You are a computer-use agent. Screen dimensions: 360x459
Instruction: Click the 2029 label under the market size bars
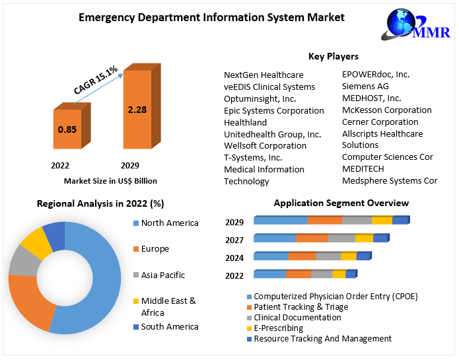[129, 165]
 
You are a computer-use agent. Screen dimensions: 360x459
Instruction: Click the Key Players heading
[334, 57]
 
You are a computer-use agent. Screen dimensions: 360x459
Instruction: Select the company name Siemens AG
[365, 86]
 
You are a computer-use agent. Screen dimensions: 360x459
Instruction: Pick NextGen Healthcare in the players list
[264, 75]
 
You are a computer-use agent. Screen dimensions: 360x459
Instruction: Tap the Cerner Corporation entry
[380, 122]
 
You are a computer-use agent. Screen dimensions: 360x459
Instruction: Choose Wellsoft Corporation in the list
[265, 145]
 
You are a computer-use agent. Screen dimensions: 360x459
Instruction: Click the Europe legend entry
[155, 249]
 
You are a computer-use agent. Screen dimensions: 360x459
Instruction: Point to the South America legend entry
[169, 326]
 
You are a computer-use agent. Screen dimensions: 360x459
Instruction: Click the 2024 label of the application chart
[234, 258]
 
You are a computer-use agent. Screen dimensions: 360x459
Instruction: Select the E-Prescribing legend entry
[278, 328]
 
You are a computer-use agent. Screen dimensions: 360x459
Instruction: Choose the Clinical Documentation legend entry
[297, 317]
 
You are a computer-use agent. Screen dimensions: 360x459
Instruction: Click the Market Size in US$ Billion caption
[110, 180]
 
